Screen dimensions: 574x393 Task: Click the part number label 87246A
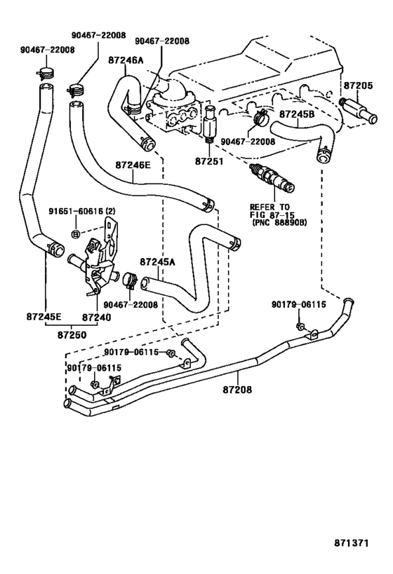click(x=127, y=61)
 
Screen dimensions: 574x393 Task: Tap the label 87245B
click(x=298, y=112)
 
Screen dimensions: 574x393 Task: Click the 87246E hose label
click(x=133, y=165)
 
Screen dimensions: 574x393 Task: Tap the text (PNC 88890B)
click(x=277, y=223)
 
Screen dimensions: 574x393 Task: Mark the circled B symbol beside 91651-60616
click(x=74, y=232)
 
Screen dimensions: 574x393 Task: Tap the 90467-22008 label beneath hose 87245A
click(x=130, y=305)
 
